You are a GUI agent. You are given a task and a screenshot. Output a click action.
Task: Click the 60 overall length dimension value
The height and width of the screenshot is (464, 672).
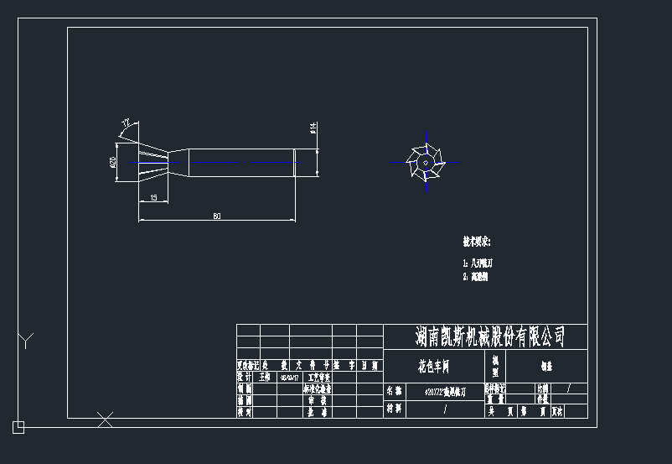point(217,216)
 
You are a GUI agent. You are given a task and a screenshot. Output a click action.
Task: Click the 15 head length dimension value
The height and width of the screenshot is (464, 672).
point(153,198)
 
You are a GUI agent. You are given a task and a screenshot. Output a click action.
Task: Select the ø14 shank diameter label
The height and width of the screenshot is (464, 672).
point(312,128)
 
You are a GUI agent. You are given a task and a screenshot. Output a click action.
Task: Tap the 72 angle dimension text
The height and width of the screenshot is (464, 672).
point(126,123)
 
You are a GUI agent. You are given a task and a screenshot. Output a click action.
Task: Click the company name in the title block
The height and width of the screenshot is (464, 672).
point(490,336)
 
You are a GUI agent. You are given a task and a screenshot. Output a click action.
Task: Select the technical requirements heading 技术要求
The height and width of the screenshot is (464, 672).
point(476,242)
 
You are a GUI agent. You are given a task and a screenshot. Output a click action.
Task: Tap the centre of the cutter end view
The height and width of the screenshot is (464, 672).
point(426,160)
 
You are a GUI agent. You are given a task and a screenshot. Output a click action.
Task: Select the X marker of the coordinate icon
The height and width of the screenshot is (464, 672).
point(105,419)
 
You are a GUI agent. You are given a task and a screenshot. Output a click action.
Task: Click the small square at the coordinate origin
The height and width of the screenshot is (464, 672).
point(18,427)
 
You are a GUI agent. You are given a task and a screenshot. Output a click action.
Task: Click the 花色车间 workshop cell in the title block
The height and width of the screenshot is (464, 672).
point(433,366)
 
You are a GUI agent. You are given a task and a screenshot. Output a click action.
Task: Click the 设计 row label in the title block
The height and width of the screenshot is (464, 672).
point(245,378)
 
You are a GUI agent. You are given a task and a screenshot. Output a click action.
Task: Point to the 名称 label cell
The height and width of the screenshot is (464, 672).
point(394,391)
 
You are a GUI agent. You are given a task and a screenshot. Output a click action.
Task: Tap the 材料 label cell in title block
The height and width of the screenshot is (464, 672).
point(394,409)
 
